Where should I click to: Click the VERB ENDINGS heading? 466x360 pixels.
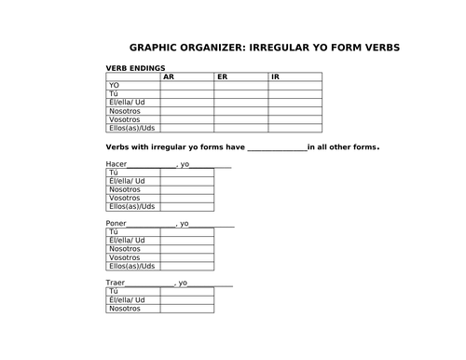click(136, 68)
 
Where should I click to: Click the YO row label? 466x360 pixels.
click(115, 85)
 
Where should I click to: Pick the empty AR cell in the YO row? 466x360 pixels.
click(186, 85)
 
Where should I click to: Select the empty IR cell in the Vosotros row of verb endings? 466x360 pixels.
click(295, 118)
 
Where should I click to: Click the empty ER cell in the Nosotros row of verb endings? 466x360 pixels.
click(240, 110)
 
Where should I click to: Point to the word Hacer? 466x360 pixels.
click(116, 164)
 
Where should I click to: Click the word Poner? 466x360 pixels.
click(116, 224)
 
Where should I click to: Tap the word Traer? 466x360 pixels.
click(116, 283)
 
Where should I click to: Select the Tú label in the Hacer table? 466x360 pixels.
click(115, 173)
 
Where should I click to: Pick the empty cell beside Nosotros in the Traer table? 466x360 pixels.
click(186, 308)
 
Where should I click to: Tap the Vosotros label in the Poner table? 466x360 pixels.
click(125, 257)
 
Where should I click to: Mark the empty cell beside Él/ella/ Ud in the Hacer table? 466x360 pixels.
click(186, 181)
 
